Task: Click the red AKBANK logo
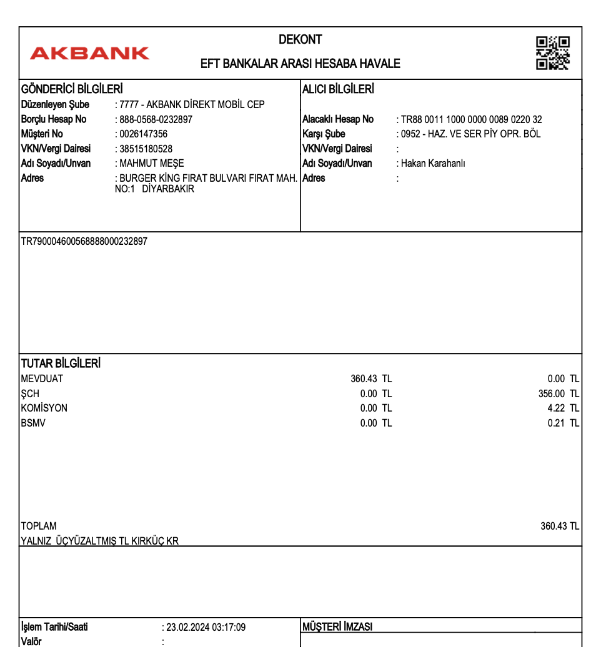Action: [x=89, y=54]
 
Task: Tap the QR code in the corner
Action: [x=552, y=53]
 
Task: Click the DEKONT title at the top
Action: [x=300, y=40]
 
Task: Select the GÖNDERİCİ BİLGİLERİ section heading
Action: [x=72, y=89]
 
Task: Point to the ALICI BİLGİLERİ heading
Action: [x=338, y=89]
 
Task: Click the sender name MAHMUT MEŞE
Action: [x=152, y=164]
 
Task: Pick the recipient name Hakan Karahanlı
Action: [x=433, y=164]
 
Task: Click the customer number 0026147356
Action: [x=144, y=134]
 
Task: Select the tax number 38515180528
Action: [x=146, y=149]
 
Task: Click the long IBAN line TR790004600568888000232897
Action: [x=84, y=241]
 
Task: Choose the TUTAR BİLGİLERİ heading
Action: [x=61, y=363]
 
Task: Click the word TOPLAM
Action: [x=39, y=526]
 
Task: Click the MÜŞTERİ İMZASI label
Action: [x=337, y=626]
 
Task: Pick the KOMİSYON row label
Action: [x=44, y=408]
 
